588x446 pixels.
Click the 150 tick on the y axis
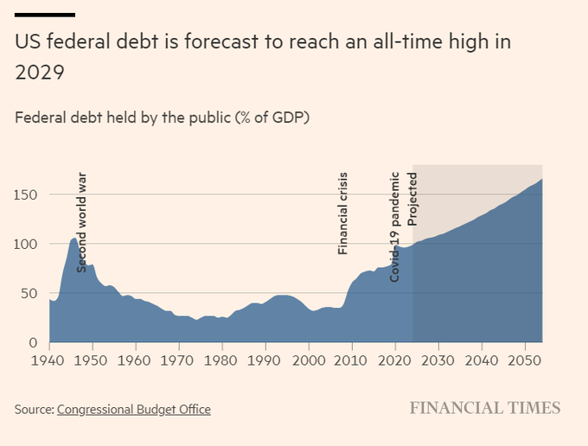[27, 194]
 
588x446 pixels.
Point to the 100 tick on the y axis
[27, 244]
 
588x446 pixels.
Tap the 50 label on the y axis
[31, 293]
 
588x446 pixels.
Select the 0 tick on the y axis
[35, 342]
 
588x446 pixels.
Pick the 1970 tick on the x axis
[179, 360]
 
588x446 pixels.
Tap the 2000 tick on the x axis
[309, 360]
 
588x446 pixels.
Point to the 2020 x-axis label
[395, 360]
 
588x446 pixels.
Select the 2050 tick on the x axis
[525, 360]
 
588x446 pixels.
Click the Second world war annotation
[82, 223]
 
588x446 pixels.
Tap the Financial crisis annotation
[342, 213]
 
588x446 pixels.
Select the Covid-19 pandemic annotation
[395, 226]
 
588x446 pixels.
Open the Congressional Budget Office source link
[133, 410]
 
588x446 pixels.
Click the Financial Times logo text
[484, 408]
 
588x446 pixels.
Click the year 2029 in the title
[40, 73]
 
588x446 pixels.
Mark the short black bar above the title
[45, 15]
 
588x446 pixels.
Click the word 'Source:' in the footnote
[34, 410]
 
